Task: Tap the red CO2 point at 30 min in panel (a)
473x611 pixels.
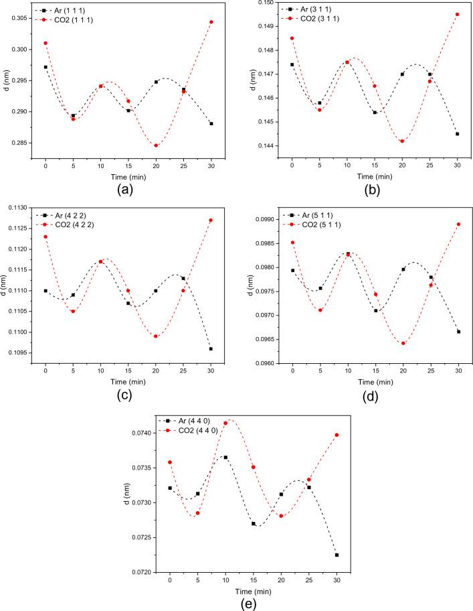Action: pos(211,22)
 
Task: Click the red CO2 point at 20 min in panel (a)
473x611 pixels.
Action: pos(156,145)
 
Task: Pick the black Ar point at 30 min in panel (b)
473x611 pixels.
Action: pos(458,134)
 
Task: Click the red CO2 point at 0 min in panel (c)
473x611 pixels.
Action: pos(45,236)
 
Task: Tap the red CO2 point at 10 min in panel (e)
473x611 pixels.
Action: pos(225,423)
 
